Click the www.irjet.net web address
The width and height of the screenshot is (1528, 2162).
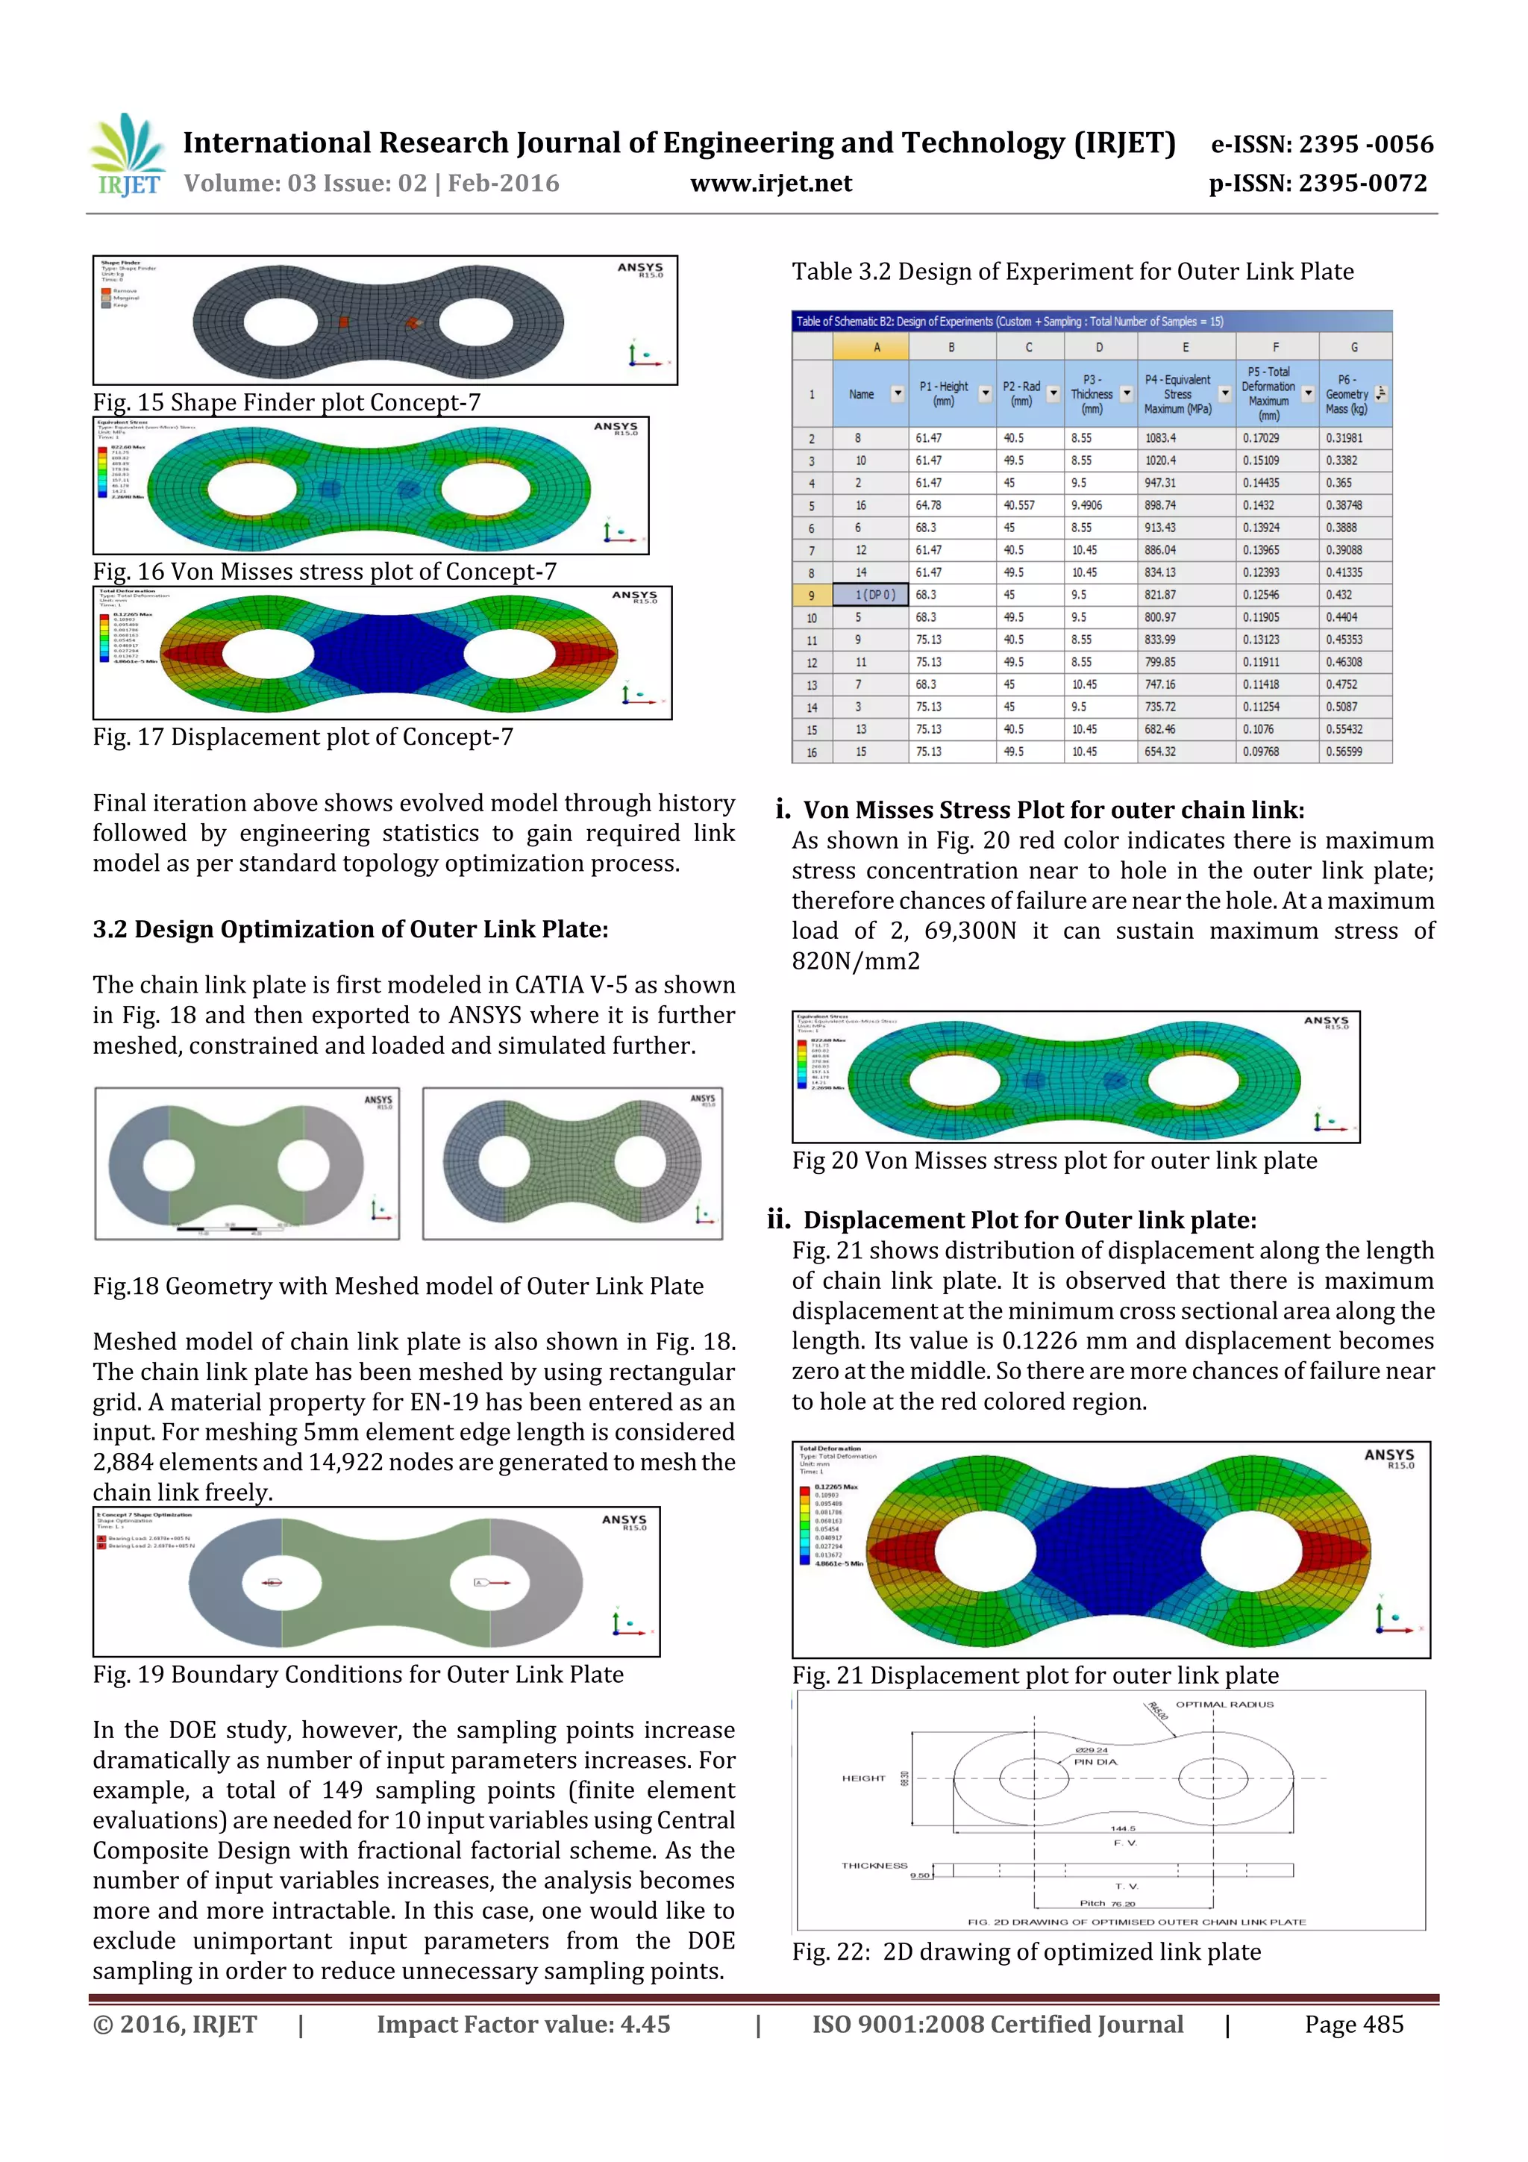[770, 184]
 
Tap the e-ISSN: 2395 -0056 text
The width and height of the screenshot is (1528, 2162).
[1321, 144]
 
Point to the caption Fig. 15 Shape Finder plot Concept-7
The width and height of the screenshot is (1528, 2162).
[286, 402]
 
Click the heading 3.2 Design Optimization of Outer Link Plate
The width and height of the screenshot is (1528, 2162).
[350, 929]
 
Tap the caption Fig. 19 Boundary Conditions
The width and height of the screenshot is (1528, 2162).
[358, 1674]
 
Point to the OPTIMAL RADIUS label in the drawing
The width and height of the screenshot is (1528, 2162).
[1224, 1705]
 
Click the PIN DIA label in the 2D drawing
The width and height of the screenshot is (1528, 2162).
[1095, 1762]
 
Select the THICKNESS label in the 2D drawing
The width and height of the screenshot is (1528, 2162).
[874, 1866]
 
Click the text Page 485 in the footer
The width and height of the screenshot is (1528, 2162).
[1353, 2025]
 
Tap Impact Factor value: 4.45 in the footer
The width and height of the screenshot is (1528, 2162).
[524, 2025]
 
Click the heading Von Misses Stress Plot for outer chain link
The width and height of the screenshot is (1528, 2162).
[1053, 810]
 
